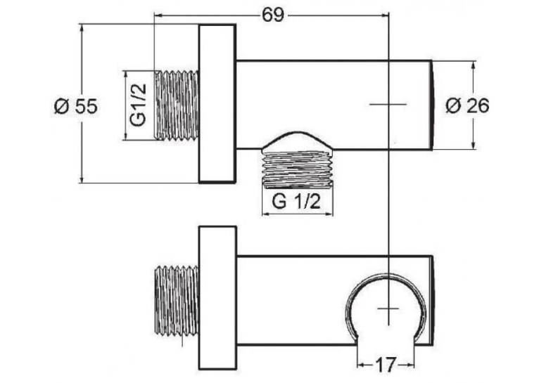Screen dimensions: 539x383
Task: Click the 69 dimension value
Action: pos(273,15)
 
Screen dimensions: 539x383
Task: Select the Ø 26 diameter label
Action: pos(467,105)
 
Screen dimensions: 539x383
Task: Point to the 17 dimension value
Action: pos(386,365)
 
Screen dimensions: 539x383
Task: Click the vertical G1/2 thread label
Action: pos(138,105)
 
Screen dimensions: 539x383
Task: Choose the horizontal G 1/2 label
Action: pos(296,202)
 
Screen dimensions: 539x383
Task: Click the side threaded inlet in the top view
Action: pos(177,105)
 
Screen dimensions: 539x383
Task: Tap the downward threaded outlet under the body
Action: pos(298,169)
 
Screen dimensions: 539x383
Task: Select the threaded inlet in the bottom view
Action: pos(177,301)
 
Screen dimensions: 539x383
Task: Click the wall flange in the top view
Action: pos(217,103)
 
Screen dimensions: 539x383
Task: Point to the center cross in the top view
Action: pos(388,103)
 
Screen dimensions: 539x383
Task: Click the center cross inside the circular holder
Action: pos(388,309)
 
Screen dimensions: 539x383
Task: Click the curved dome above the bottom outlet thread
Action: pos(298,140)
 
